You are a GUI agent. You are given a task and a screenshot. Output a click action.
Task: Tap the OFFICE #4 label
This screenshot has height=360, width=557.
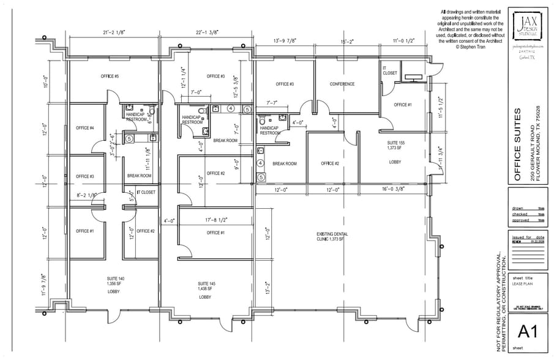(x=84, y=128)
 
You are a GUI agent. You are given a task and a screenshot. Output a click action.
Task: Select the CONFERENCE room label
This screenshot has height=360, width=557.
(x=342, y=84)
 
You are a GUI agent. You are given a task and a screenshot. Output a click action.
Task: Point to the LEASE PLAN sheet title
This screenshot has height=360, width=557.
(x=523, y=283)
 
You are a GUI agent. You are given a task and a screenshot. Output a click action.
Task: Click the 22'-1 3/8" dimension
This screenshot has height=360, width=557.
(x=208, y=32)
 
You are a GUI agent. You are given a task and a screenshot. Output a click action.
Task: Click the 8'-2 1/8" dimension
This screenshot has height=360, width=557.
(x=87, y=195)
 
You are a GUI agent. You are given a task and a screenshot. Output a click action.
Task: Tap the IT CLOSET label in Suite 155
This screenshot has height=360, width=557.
(x=389, y=70)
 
